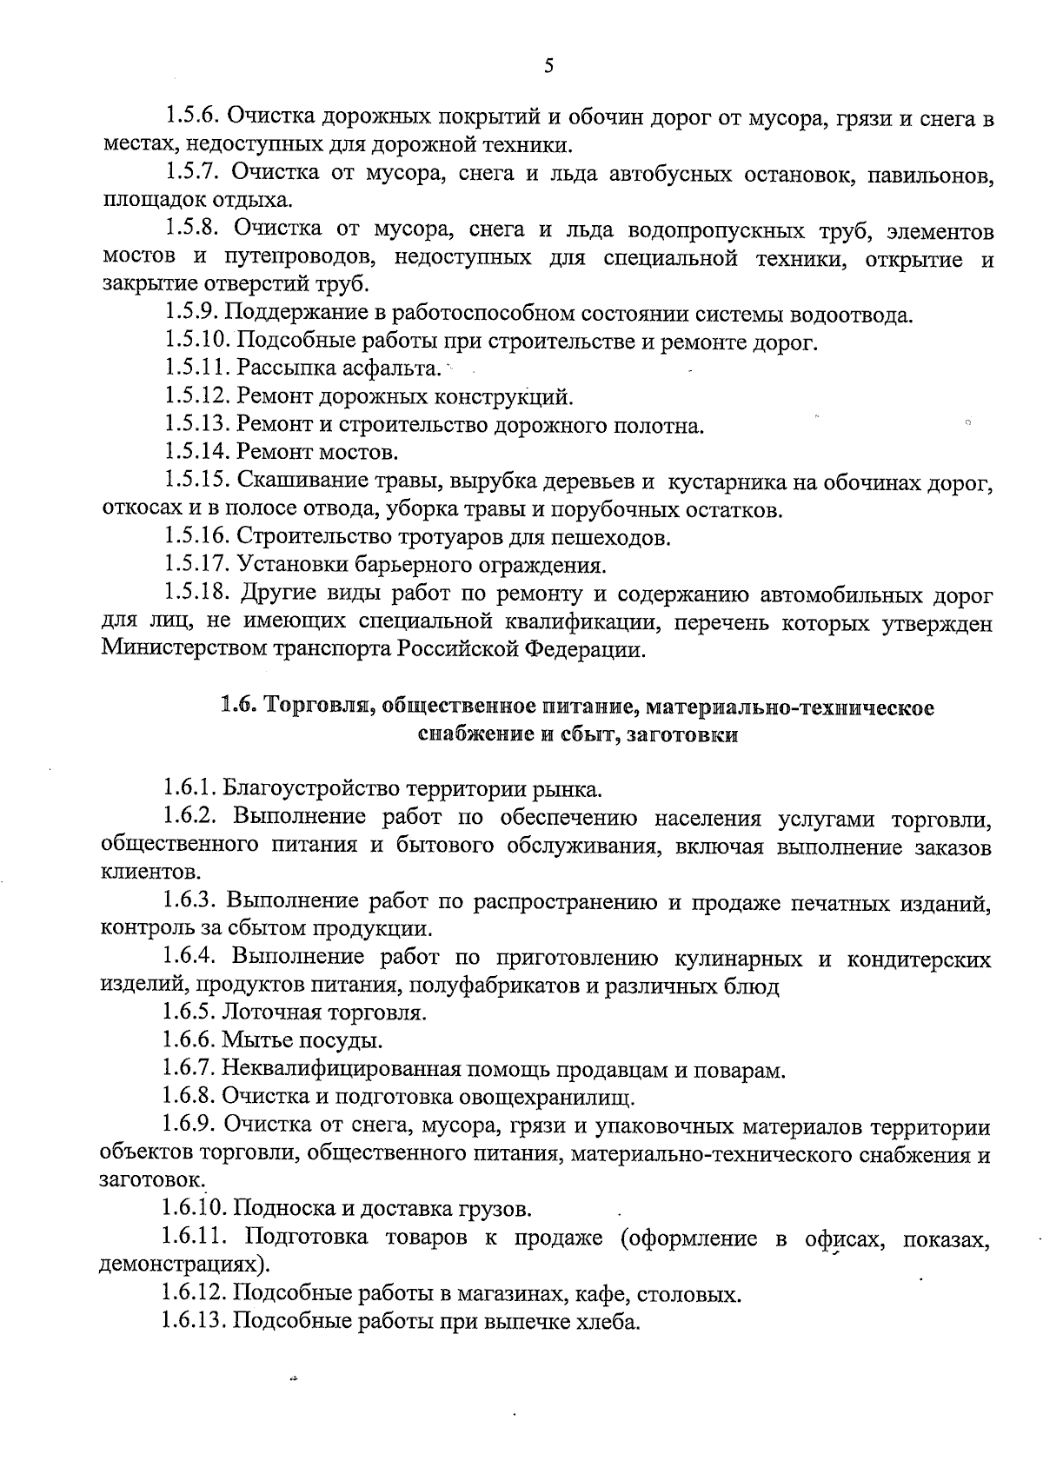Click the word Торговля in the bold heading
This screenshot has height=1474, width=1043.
[314, 707]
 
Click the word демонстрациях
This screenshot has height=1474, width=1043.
[180, 1264]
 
